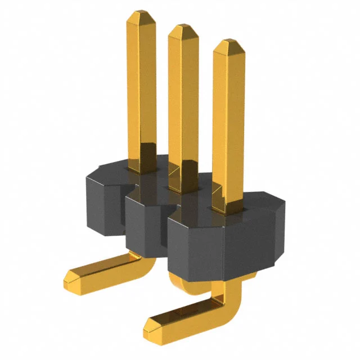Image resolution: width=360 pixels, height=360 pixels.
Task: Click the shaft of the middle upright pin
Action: click(x=183, y=107)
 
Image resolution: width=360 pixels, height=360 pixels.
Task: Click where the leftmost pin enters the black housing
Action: click(x=141, y=166)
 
